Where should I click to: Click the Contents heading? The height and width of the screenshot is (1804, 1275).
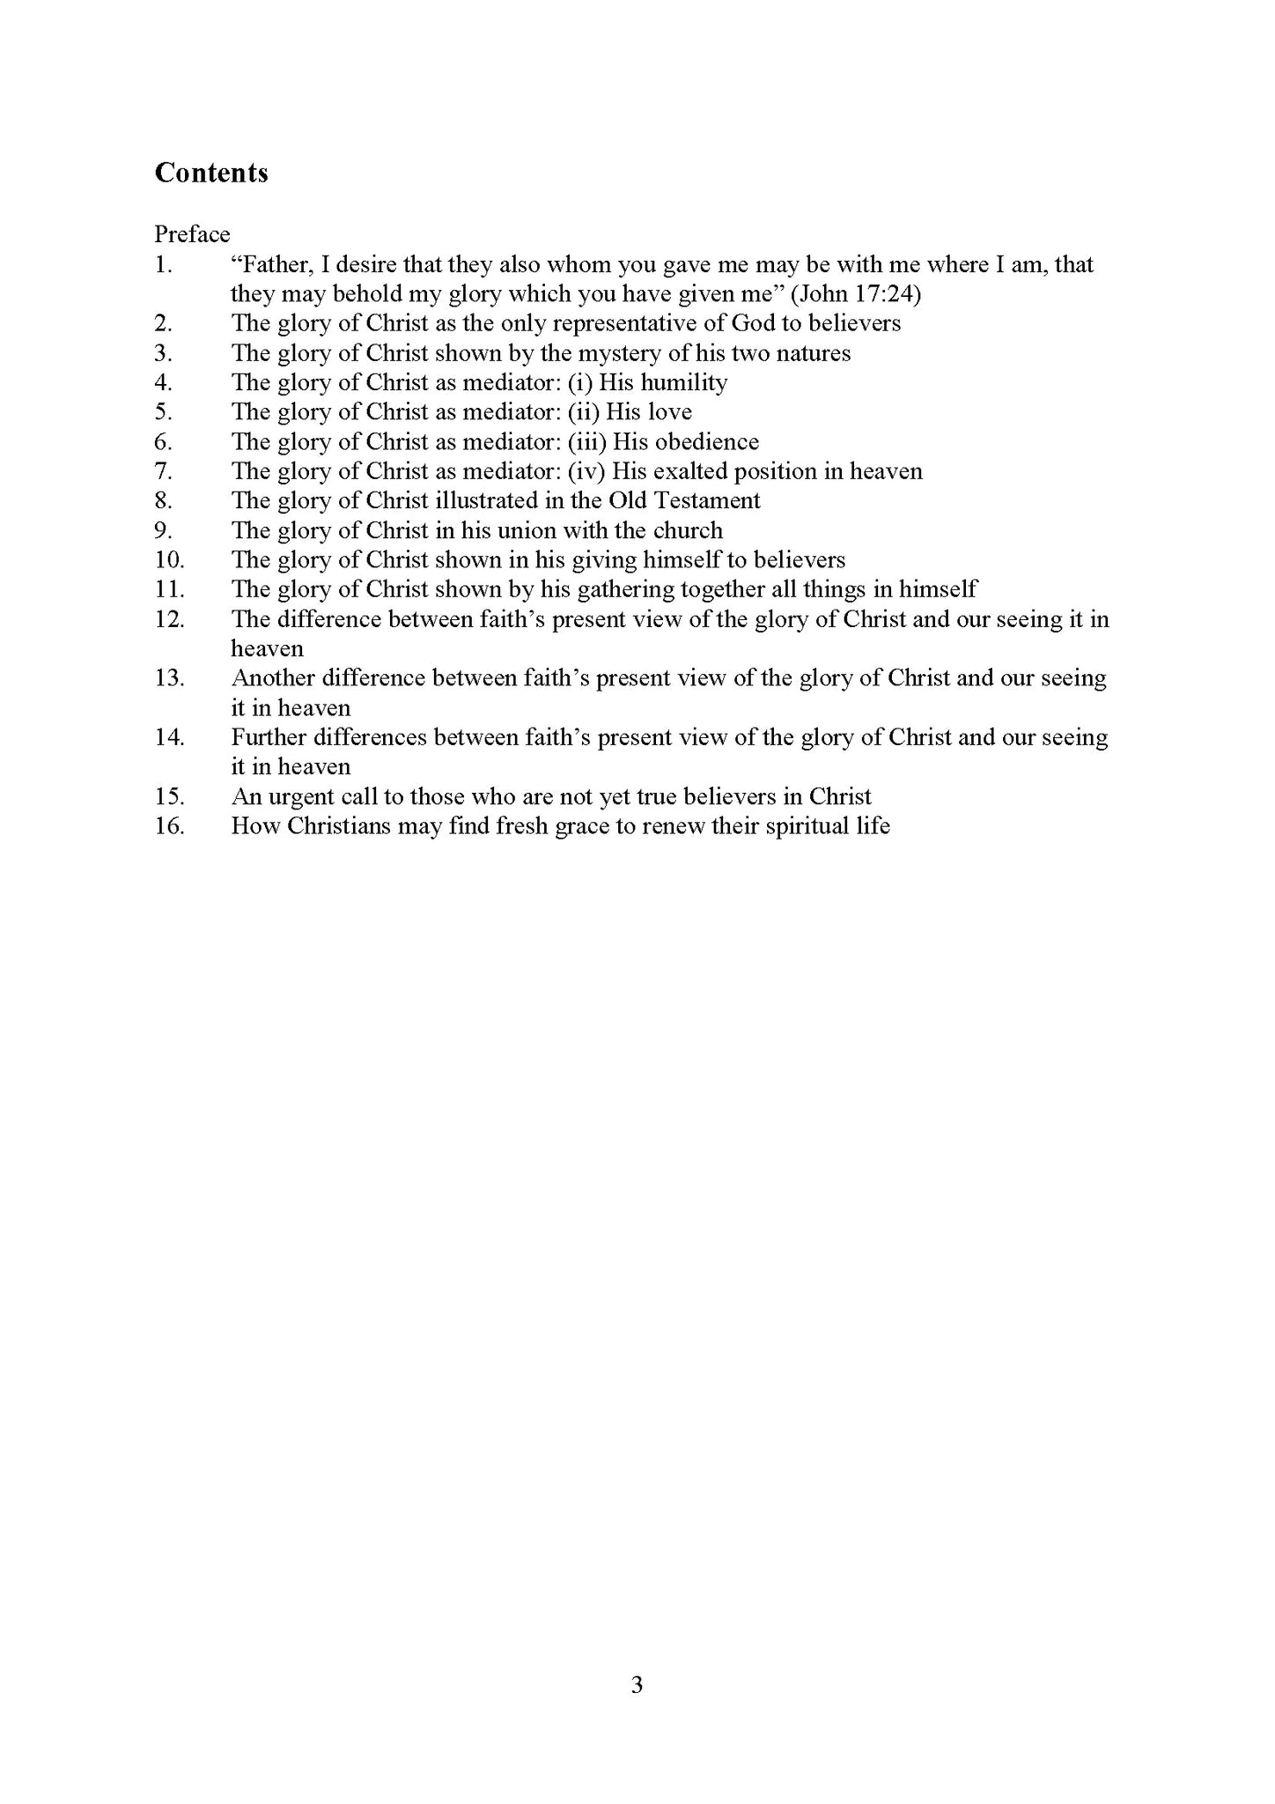coord(211,173)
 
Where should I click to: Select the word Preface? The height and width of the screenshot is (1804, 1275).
coord(192,234)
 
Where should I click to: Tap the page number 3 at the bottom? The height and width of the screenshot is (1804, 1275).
coord(637,1684)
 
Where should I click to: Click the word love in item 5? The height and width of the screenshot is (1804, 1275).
coord(670,411)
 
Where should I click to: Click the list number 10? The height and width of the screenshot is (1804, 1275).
coord(169,560)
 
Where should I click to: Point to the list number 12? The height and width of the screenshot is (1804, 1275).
coord(169,619)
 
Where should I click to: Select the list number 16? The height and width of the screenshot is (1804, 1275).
coord(169,826)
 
